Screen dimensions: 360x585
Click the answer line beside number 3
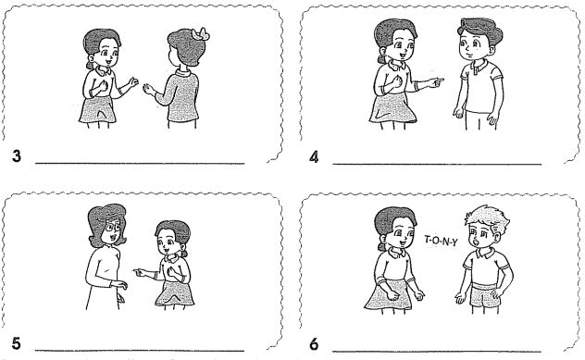point(139,163)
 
